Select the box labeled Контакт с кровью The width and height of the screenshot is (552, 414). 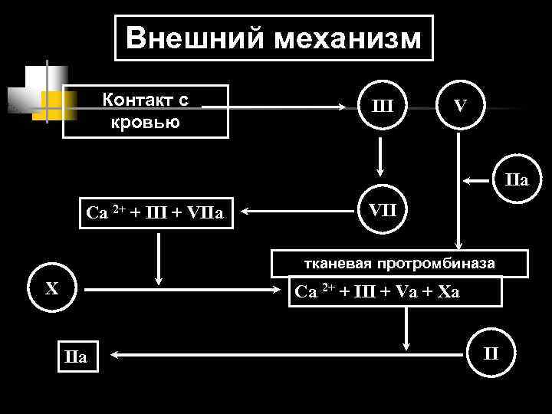point(146,110)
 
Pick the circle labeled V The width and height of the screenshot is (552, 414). point(458,106)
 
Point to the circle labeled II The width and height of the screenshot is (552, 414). point(491,354)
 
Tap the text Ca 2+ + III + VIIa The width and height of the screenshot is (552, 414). point(155,212)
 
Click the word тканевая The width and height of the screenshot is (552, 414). point(334,264)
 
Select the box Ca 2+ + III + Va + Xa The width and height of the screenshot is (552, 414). point(395,291)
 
